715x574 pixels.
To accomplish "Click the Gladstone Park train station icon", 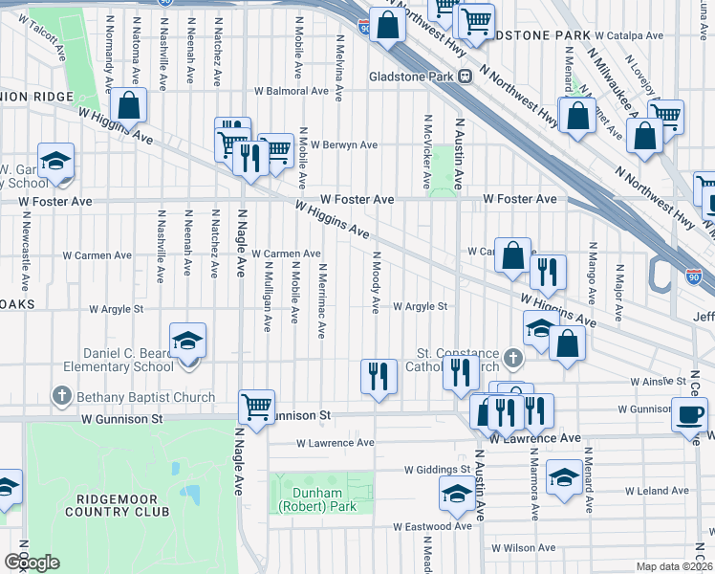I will [x=465, y=77].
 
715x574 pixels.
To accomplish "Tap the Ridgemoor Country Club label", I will [x=118, y=505].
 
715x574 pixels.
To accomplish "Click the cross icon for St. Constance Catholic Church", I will [x=514, y=361].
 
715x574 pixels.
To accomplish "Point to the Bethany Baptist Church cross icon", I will [x=62, y=396].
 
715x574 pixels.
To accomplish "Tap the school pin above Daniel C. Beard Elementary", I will [x=187, y=341].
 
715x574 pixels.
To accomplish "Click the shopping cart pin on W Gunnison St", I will [x=256, y=408].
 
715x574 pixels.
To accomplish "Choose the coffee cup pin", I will [x=690, y=416].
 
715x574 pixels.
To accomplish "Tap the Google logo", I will [x=32, y=562].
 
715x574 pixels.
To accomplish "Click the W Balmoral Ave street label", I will [x=291, y=92].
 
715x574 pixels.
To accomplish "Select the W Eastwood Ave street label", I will [x=433, y=526].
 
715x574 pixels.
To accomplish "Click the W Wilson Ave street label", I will [x=523, y=548].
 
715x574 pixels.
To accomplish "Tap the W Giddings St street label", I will [x=437, y=470].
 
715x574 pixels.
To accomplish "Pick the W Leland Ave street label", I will [x=657, y=490].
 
